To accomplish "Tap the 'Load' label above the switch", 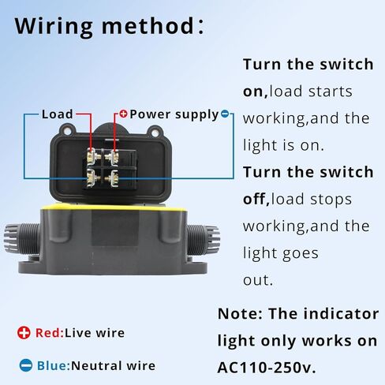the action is [x=58, y=114].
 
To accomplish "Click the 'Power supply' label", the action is [x=174, y=114].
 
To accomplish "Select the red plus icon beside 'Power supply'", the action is [x=123, y=114].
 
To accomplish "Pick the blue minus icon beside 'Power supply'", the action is [x=225, y=114].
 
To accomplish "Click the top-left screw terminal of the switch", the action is [x=92, y=156].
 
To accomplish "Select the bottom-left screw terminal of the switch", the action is [x=92, y=179].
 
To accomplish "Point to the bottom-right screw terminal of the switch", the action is [x=112, y=179].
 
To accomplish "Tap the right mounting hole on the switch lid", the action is [x=155, y=133].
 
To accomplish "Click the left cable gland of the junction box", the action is [x=22, y=240].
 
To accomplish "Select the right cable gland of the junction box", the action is [x=203, y=241].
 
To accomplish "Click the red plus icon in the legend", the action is [x=24, y=333].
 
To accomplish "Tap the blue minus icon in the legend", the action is [x=26, y=365].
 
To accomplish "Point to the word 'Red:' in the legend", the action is [x=50, y=333].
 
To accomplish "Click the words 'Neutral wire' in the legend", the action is [x=114, y=366].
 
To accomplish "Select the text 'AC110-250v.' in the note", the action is [x=267, y=368].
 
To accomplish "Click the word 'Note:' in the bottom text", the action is [x=241, y=314].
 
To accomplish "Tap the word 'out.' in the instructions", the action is [x=258, y=280].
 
